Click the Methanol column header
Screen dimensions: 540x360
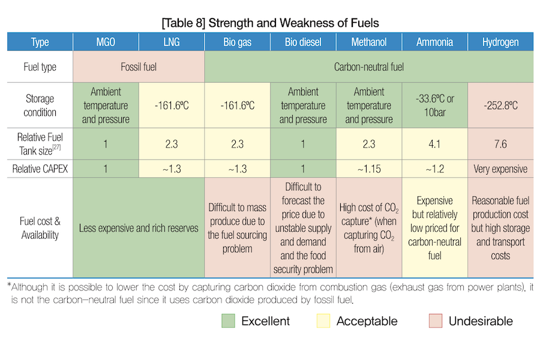(369, 42)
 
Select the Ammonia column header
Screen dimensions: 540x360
(434, 42)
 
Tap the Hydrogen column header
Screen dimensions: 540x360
(500, 42)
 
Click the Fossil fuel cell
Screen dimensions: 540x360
(139, 67)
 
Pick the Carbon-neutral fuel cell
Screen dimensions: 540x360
(369, 67)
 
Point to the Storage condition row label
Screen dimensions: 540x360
(40, 106)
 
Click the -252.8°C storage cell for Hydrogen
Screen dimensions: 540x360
(500, 106)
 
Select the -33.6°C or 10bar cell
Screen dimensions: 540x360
(434, 106)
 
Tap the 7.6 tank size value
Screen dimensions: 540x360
(500, 144)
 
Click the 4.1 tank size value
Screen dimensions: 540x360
(434, 144)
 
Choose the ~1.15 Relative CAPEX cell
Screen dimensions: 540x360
(369, 169)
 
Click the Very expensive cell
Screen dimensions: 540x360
(500, 169)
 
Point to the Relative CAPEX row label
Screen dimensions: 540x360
(40, 169)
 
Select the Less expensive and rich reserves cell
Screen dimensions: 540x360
(139, 228)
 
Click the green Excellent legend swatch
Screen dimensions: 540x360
(229, 321)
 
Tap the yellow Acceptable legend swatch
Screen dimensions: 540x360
(323, 321)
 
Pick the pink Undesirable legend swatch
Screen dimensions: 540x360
(436, 321)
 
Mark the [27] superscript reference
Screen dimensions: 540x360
(56, 147)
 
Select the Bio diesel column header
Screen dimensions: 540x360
(303, 42)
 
